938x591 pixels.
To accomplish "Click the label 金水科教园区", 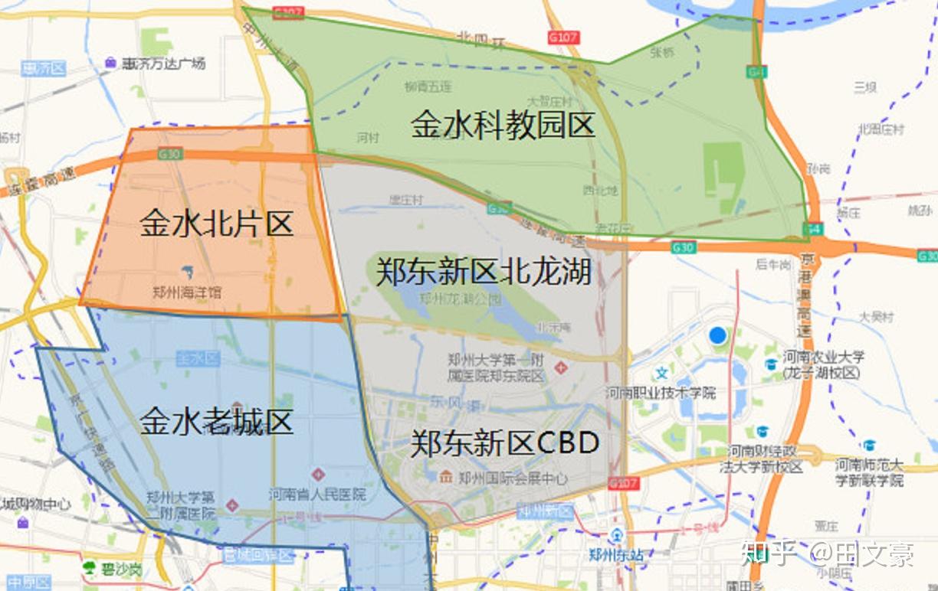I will click(x=503, y=124).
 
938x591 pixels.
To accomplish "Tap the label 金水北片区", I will click(x=217, y=224).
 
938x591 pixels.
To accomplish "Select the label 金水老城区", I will click(x=217, y=422).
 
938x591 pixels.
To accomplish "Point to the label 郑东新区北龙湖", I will click(x=483, y=272).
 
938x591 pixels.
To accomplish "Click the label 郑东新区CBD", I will click(x=504, y=443).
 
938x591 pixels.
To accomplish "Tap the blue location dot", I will click(x=717, y=335).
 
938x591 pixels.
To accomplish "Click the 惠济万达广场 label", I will click(x=163, y=64).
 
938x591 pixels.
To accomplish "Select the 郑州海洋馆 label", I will click(x=188, y=292).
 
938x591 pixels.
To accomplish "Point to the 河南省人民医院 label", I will click(x=317, y=495).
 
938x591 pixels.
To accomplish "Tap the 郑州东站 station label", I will click(x=616, y=555).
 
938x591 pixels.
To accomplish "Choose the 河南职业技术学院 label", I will click(x=661, y=393).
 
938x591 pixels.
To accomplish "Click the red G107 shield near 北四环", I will click(x=563, y=37).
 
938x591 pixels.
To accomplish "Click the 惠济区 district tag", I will click(x=44, y=69).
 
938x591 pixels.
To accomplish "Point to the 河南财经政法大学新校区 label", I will click(x=764, y=459).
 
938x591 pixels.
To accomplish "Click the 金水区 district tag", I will click(x=198, y=358).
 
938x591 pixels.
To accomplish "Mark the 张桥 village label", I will click(x=661, y=53).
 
